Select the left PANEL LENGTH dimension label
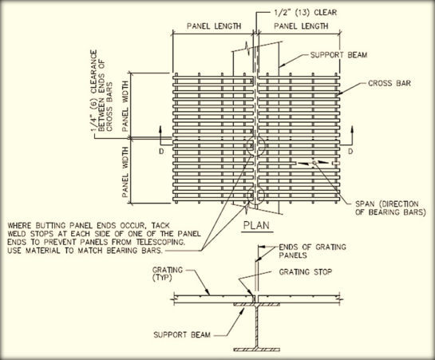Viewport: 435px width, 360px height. click(x=214, y=26)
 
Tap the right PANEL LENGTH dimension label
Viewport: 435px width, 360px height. click(x=300, y=26)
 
